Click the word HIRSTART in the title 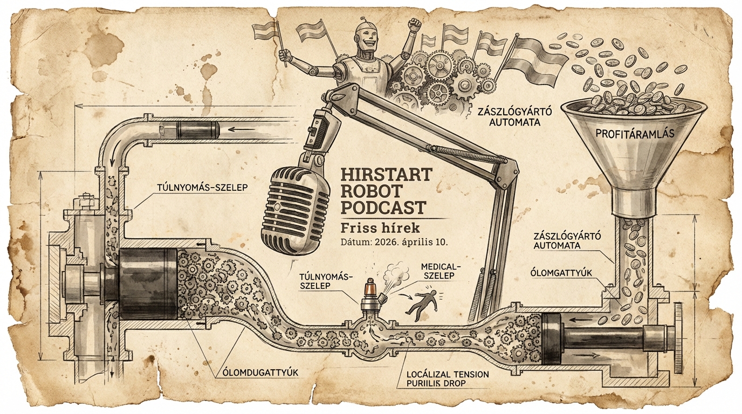pyautogui.click(x=387, y=175)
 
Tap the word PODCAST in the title pyautogui.click(x=384, y=208)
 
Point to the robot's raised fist pyautogui.click(x=414, y=25)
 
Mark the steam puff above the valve pyautogui.click(x=397, y=270)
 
